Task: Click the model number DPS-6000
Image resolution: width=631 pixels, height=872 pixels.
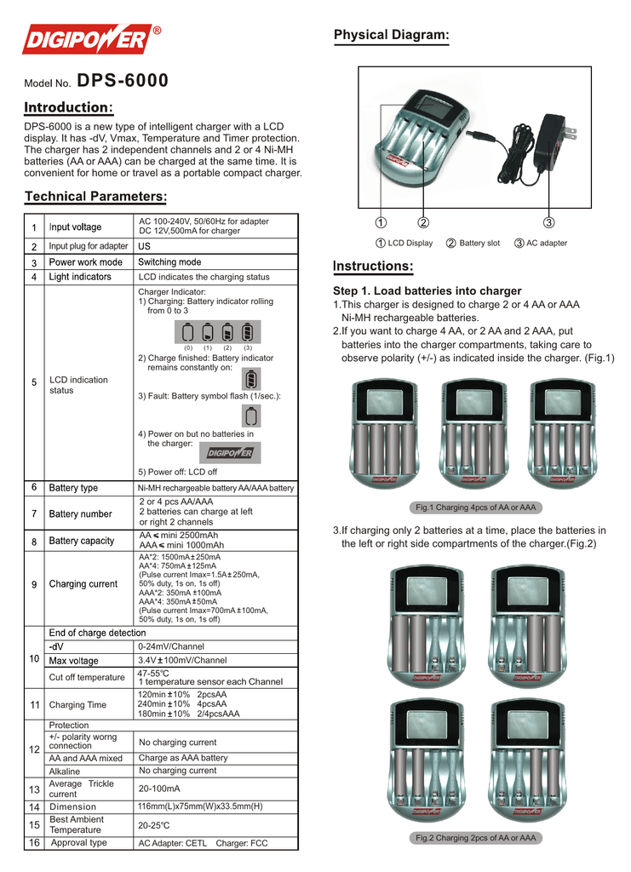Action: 123,82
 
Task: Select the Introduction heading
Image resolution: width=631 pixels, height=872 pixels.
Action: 68,108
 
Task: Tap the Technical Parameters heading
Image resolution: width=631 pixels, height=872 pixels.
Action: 95,197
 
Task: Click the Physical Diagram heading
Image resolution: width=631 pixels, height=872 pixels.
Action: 391,35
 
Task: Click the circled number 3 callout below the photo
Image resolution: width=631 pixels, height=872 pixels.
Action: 548,223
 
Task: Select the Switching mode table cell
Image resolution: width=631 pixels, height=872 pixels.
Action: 169,262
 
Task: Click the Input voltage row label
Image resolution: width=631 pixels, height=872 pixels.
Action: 75,227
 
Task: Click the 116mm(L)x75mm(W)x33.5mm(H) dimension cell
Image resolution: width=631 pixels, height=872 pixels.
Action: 200,806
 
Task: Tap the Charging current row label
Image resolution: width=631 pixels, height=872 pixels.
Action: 83,584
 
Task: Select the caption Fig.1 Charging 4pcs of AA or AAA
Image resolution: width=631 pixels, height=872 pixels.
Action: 475,508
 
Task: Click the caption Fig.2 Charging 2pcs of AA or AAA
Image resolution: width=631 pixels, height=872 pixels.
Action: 475,839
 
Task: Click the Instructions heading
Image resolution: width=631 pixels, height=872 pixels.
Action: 373,267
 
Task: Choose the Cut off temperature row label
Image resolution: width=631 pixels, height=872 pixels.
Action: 87,678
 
